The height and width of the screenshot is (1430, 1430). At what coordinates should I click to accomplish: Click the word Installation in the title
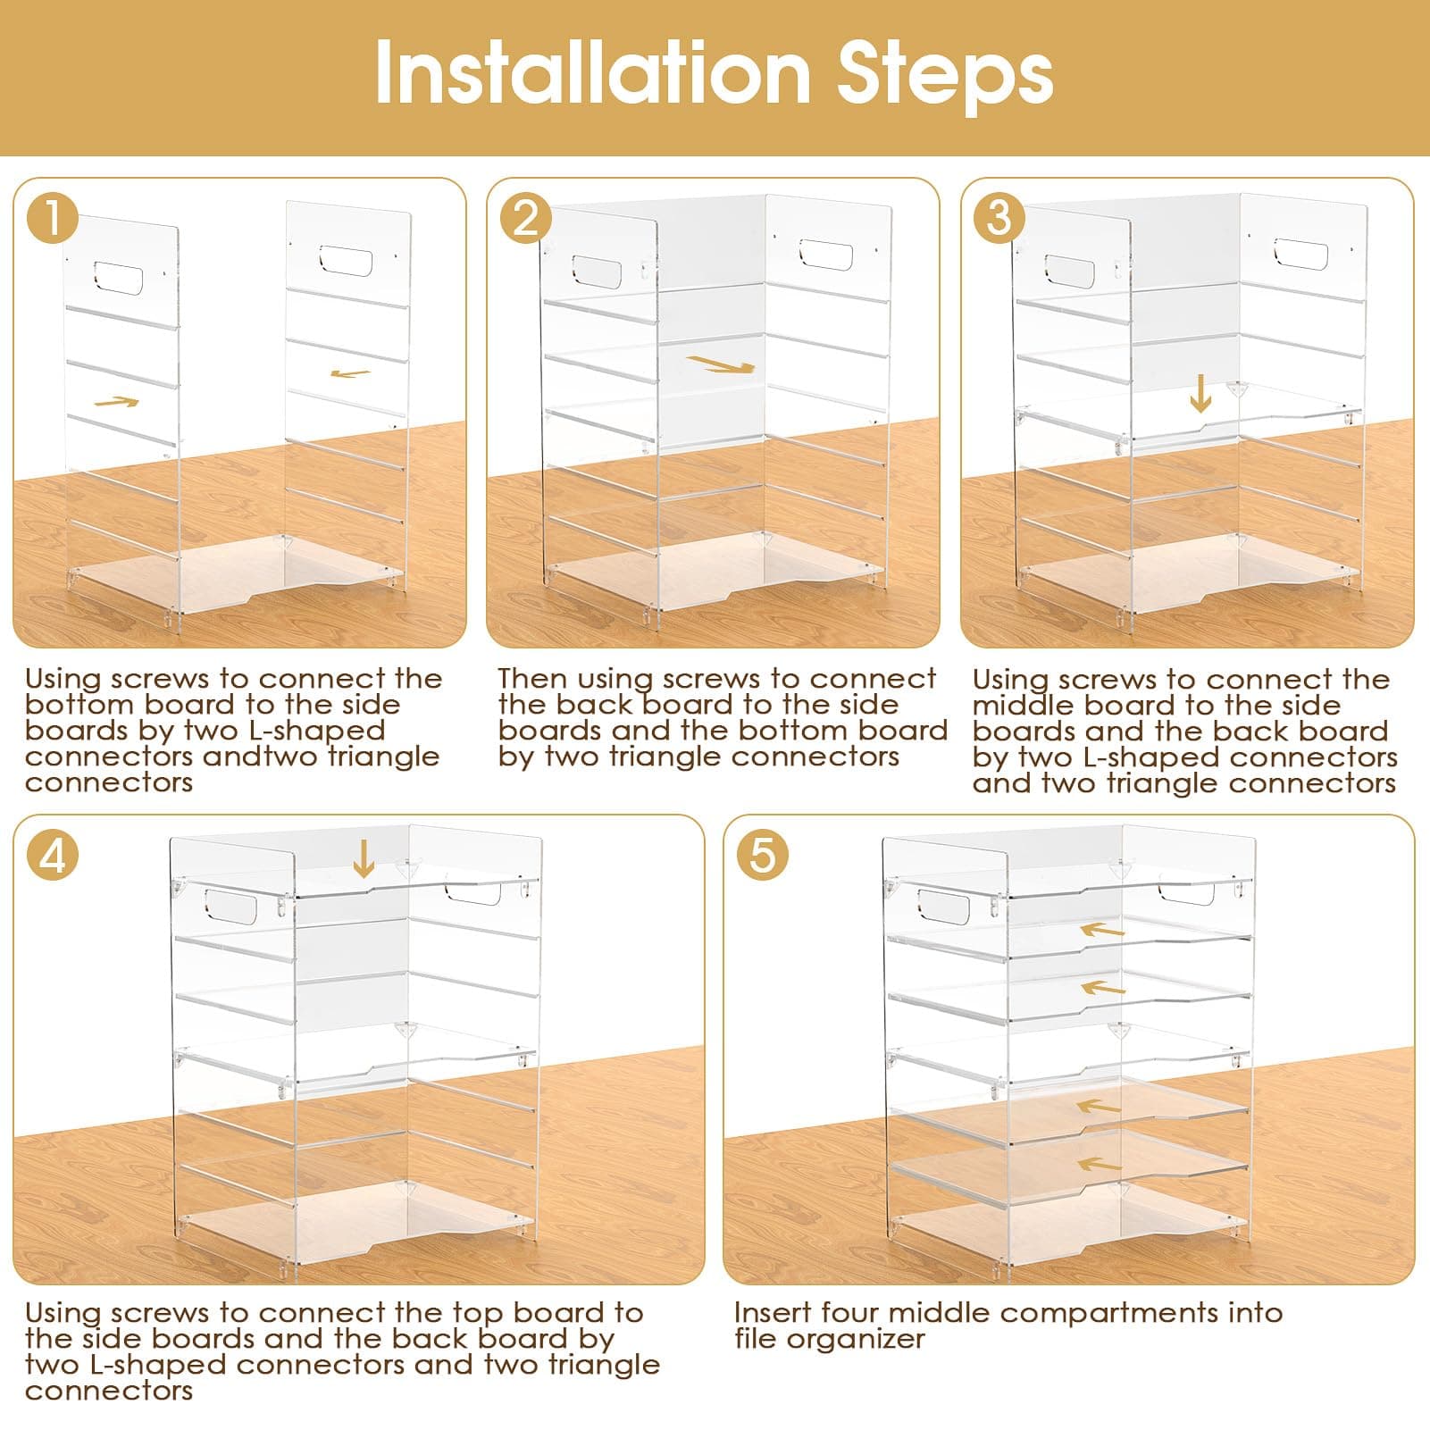coord(592,73)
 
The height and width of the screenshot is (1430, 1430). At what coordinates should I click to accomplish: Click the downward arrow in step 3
coord(1200,392)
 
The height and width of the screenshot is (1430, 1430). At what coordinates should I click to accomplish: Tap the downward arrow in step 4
coord(364,858)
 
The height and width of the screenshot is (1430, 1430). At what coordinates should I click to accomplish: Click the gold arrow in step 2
coord(721,364)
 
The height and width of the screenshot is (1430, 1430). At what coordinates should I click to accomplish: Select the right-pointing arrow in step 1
coord(117,402)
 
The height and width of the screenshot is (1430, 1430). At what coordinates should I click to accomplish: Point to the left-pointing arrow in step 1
coord(350,373)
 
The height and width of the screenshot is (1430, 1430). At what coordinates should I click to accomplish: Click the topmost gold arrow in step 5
coord(1102,930)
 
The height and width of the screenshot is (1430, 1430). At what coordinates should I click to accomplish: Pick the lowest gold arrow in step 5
coord(1100,1164)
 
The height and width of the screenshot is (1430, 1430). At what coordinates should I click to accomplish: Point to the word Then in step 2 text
coord(533,679)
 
